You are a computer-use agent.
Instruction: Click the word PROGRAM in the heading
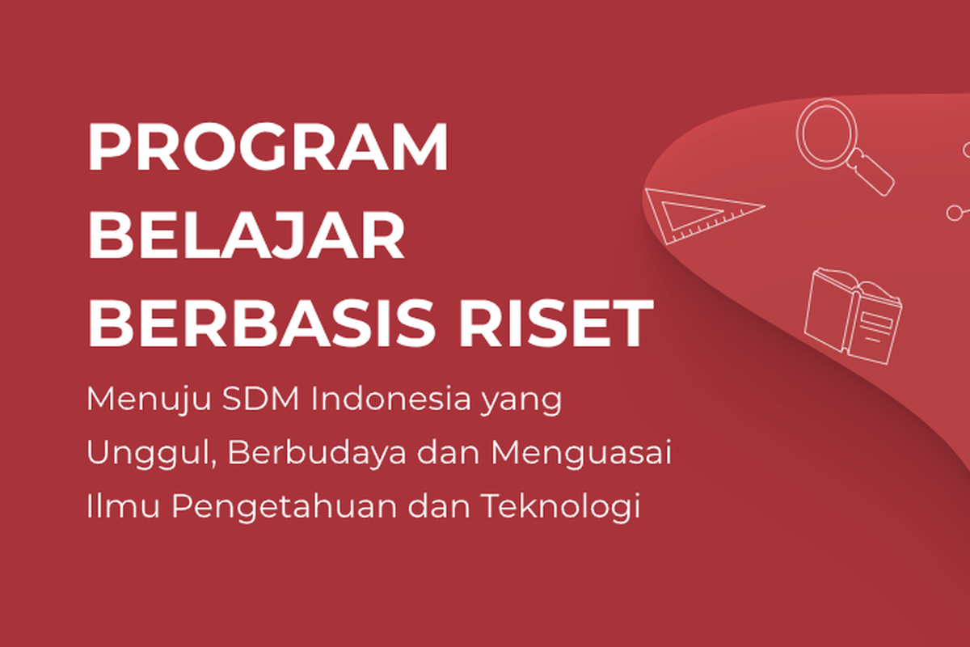coord(268,146)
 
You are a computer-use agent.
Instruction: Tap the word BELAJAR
coord(246,235)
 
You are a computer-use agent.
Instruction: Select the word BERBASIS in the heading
coord(260,323)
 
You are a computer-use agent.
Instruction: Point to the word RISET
coord(556,323)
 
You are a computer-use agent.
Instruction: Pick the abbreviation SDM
coord(260,398)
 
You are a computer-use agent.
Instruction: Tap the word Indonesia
coord(390,398)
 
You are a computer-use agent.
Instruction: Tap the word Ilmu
coord(123,505)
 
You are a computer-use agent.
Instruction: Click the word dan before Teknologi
coord(439,505)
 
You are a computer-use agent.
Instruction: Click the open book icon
coord(853,316)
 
